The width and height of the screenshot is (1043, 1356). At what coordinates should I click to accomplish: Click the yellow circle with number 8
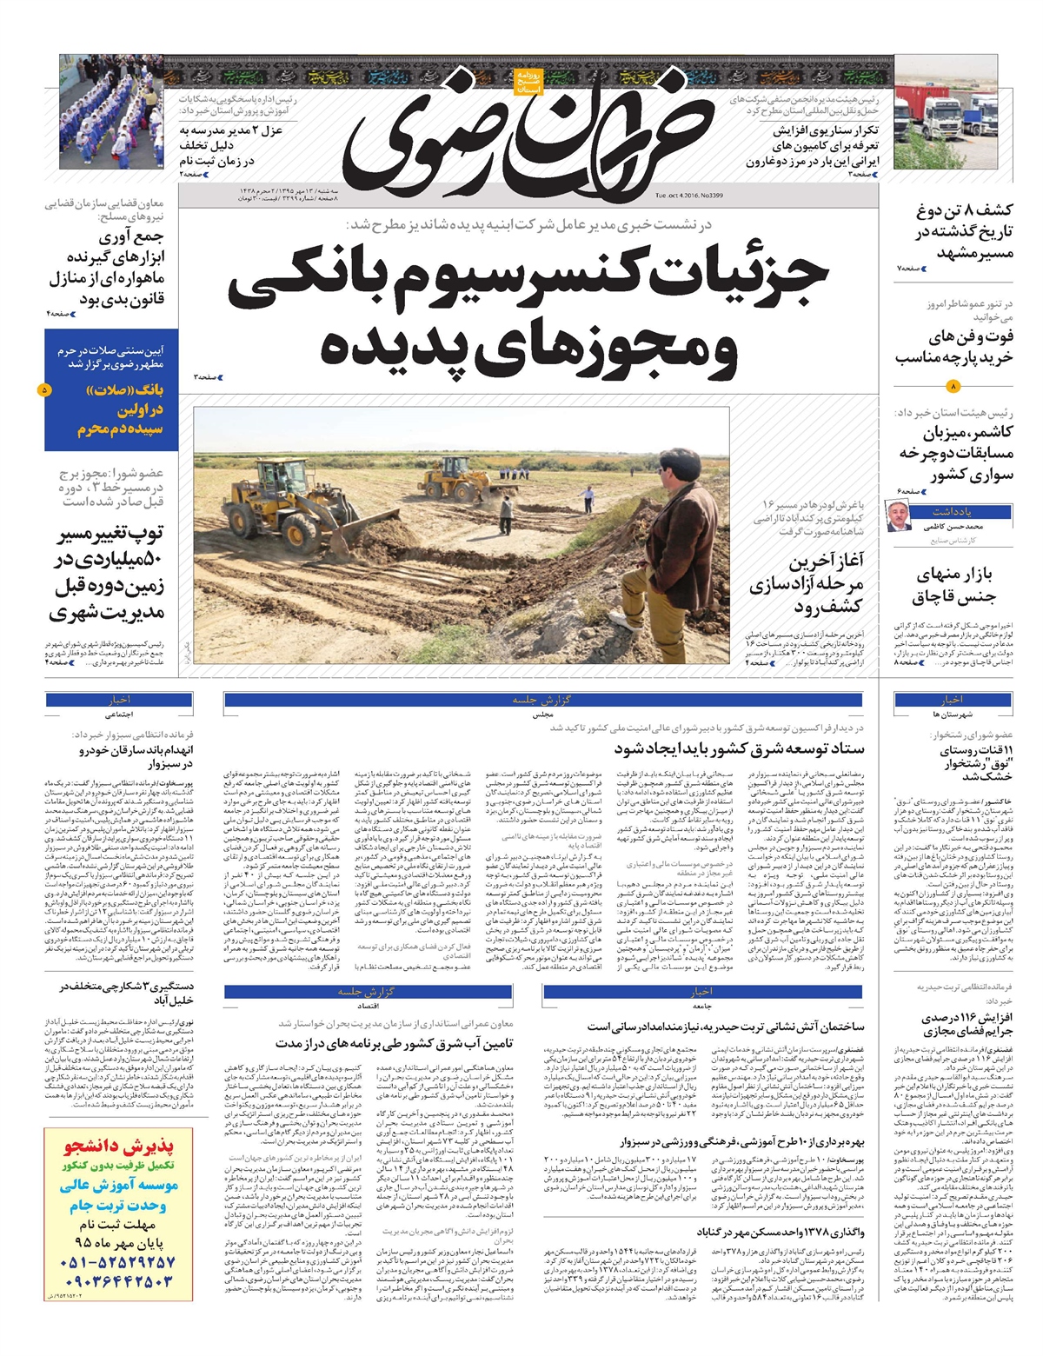[x=953, y=386]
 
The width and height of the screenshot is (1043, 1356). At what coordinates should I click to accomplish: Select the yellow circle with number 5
[x=45, y=390]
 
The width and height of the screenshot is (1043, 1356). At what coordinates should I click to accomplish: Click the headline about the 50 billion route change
[x=109, y=573]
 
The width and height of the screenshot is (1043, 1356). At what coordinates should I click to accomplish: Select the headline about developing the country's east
[x=739, y=748]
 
